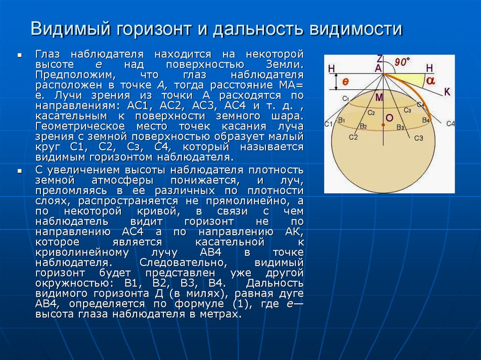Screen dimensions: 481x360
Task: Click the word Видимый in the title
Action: point(70,29)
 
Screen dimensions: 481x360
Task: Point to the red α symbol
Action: point(430,80)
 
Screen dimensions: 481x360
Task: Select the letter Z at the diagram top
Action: point(380,59)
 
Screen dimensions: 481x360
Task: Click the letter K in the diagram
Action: point(447,92)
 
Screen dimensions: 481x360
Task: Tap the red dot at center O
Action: point(383,125)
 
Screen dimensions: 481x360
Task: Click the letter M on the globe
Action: point(379,98)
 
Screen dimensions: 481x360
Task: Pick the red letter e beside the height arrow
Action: point(345,82)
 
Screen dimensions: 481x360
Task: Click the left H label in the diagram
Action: point(332,69)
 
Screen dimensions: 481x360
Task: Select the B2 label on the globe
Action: point(363,126)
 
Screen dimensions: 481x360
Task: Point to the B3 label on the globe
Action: point(400,127)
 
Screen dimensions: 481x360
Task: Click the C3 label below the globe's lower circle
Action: point(419,138)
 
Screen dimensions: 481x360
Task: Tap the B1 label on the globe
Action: point(342,120)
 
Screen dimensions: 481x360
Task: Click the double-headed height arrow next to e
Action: point(336,82)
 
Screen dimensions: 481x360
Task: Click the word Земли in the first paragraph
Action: point(285,65)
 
